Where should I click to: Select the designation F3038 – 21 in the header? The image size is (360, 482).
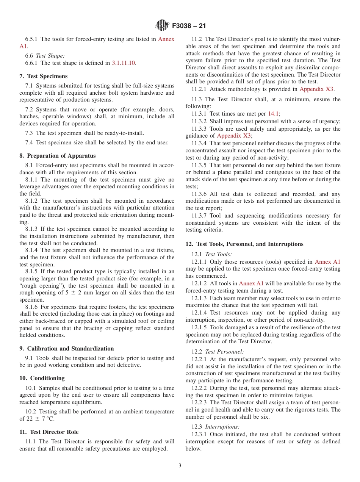click(189, 26)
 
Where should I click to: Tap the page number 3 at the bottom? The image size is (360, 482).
click(180, 465)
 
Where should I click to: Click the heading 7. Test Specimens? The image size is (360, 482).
click(43, 76)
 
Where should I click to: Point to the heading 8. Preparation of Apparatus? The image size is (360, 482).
click(57, 156)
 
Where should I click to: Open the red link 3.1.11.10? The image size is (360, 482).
click(124, 63)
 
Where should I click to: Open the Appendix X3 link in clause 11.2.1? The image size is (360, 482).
click(316, 89)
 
